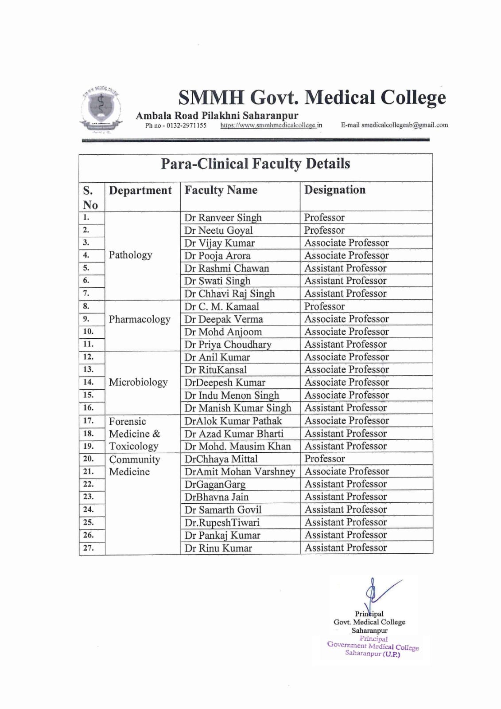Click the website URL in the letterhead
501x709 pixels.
point(271,125)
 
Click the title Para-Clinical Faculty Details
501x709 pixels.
point(255,164)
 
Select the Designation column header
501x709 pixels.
point(335,190)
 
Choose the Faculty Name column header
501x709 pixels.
point(221,190)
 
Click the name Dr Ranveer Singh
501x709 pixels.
point(223,218)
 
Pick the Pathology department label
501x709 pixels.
point(130,255)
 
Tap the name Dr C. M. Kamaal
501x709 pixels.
point(221,306)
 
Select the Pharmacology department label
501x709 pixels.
point(140,319)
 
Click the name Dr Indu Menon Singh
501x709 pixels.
point(232,395)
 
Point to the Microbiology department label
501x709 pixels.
point(138,382)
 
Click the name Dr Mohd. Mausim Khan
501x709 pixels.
point(237,446)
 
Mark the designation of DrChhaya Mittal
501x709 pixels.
point(325,459)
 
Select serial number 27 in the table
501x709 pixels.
point(88,548)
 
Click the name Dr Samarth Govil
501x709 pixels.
point(223,510)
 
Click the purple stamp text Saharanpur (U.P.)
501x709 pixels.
point(373,654)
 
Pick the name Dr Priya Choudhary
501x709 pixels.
point(228,345)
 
